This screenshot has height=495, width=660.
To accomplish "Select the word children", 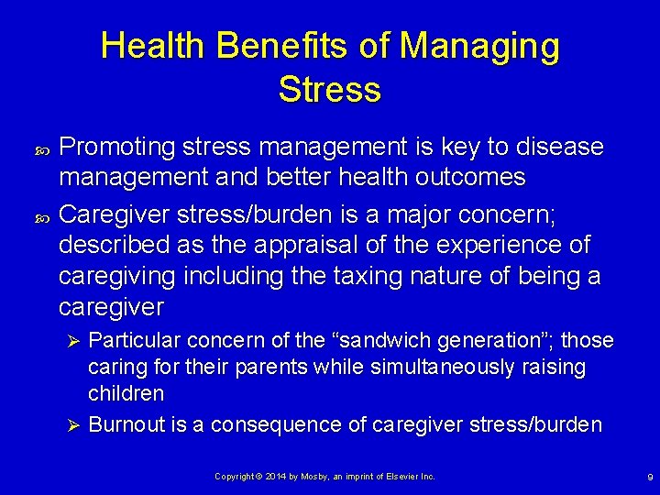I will pyautogui.click(x=126, y=393).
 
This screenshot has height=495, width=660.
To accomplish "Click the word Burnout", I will pyautogui.click(x=126, y=424).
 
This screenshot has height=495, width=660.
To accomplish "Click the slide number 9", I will pyautogui.click(x=650, y=478).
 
